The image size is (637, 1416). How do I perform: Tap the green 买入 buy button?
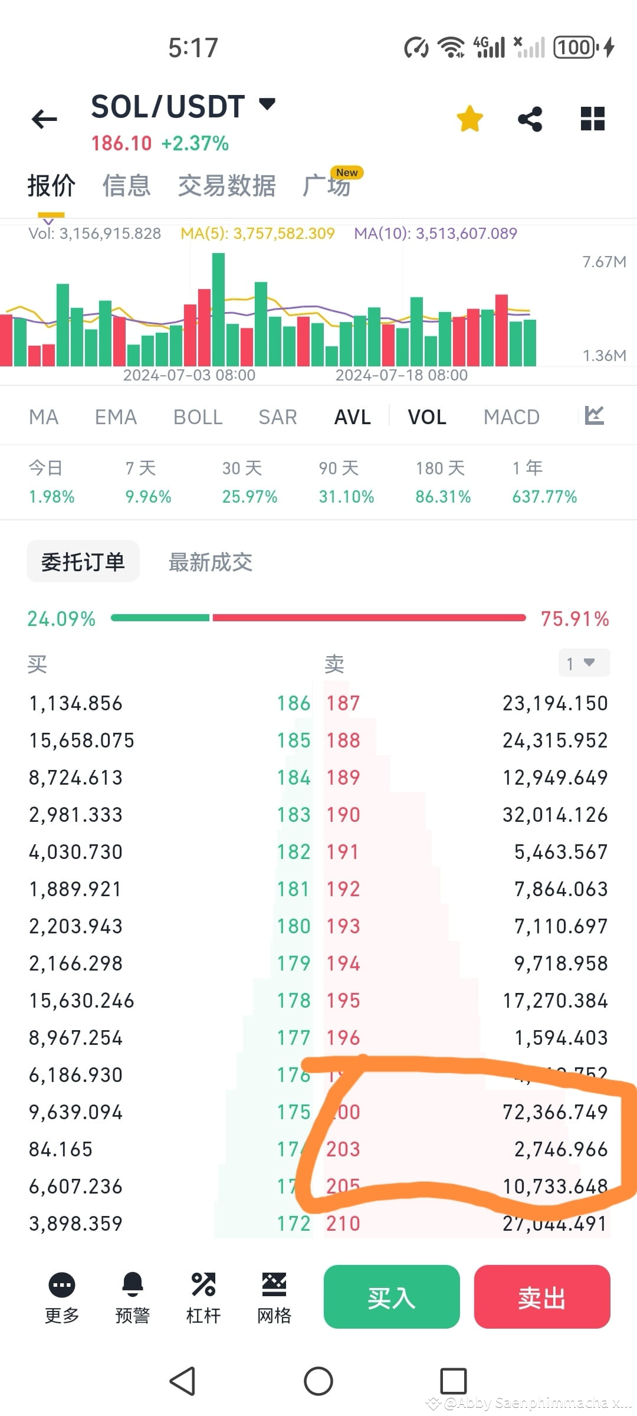tap(391, 1296)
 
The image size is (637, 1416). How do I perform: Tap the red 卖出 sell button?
tap(541, 1296)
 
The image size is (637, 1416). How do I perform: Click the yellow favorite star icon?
tap(470, 119)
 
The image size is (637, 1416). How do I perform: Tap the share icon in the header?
tap(530, 119)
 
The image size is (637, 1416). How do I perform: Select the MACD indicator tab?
tap(511, 417)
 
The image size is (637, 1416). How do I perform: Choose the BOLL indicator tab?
tap(198, 417)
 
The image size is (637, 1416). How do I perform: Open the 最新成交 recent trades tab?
tap(211, 562)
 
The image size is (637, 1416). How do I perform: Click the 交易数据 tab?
tap(227, 186)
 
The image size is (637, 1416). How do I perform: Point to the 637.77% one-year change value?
tap(544, 497)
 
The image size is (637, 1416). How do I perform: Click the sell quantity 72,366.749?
tap(555, 1112)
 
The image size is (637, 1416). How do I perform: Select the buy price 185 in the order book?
tap(294, 740)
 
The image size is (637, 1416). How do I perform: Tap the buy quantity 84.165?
tap(61, 1149)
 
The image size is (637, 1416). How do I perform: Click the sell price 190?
tap(343, 815)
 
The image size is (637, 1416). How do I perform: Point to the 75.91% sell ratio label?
tap(574, 619)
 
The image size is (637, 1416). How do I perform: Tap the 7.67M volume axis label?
tap(604, 262)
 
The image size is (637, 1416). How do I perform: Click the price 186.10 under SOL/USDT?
tap(122, 143)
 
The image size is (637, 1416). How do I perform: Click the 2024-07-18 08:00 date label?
tap(401, 375)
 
